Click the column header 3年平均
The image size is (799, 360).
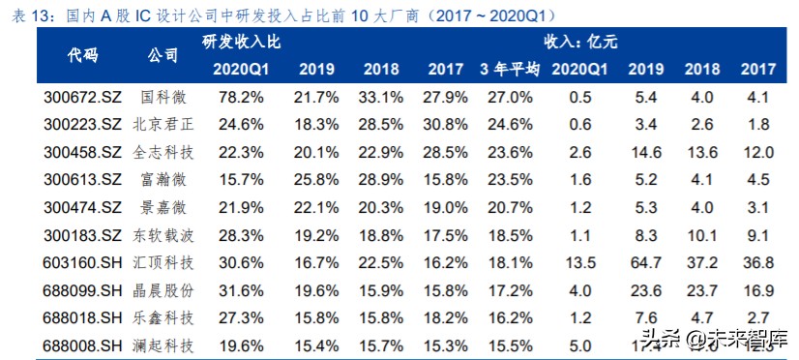510,69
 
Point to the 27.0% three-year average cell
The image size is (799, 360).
509,97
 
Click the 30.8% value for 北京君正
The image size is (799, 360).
445,125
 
